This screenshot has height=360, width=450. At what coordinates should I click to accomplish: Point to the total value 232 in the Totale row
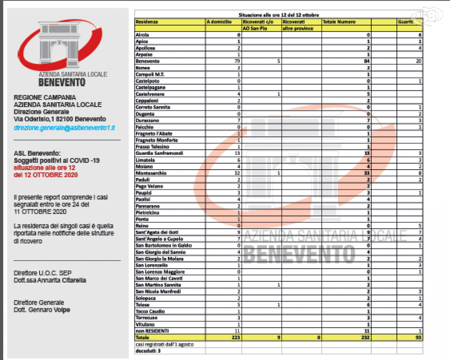coord(365,337)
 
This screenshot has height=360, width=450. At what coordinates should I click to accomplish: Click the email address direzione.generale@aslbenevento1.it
coord(64,128)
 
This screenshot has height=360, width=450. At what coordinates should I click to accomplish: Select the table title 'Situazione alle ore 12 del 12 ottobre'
coord(279,15)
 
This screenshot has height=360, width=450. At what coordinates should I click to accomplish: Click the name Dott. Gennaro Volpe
coord(42,310)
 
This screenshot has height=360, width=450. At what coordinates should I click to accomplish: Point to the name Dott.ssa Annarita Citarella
coord(50,280)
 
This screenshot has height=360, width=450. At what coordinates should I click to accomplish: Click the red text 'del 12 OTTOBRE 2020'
coord(46,175)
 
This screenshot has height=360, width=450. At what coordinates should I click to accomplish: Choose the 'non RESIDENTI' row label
coord(152,331)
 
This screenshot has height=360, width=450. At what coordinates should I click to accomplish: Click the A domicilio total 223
coord(234,337)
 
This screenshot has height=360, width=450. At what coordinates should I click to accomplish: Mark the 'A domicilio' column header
coord(219,22)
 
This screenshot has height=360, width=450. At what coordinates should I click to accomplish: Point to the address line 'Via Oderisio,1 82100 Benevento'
coord(60,119)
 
